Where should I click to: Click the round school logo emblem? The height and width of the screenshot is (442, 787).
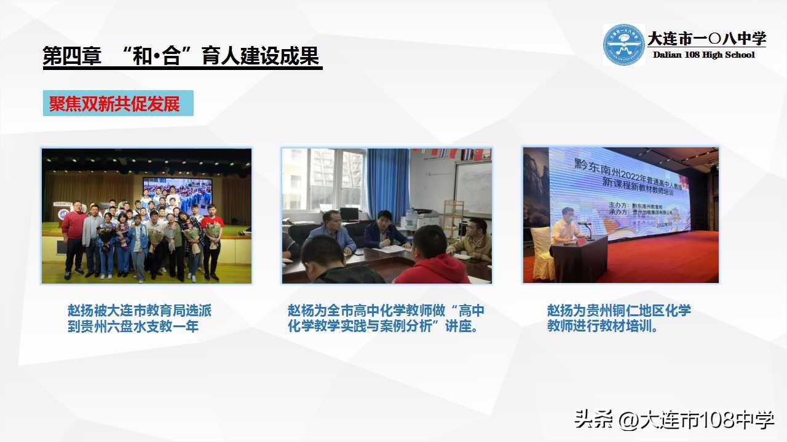click(623, 45)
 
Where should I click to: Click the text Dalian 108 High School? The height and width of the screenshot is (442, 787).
click(703, 55)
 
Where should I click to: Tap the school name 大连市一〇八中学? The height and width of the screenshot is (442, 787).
click(706, 39)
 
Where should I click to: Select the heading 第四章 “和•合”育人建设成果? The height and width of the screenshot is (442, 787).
click(181, 56)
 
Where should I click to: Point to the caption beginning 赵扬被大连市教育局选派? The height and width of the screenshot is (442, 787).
click(140, 319)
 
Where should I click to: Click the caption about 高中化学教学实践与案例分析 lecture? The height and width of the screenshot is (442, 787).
click(386, 319)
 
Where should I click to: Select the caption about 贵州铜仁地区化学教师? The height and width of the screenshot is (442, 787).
click(619, 319)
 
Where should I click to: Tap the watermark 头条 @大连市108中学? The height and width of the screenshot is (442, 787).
click(674, 421)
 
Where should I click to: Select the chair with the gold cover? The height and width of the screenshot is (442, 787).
click(543, 252)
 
